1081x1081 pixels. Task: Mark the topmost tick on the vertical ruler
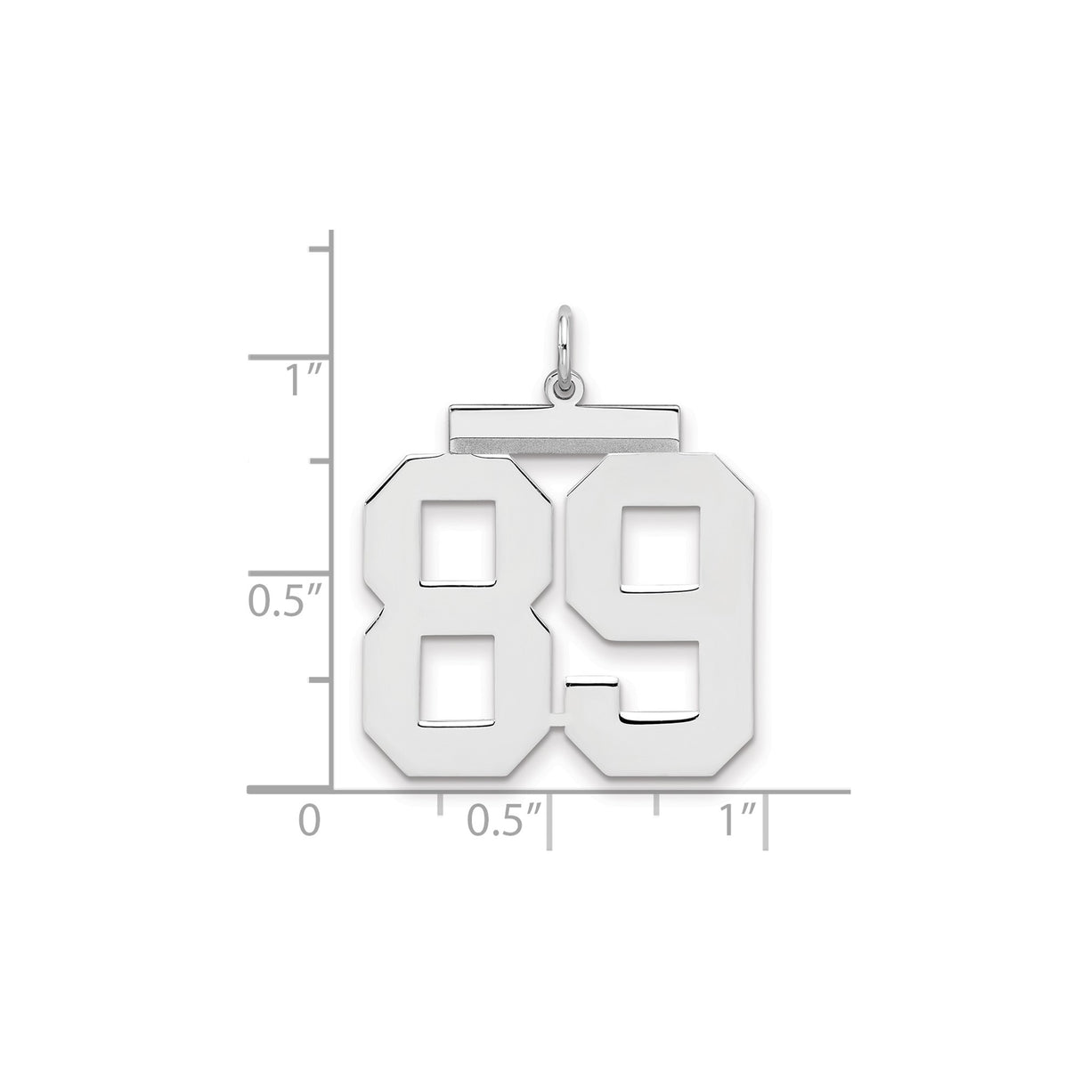tap(321, 248)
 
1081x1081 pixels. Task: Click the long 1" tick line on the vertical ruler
tap(289, 357)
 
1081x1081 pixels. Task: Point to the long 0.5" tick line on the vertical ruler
tap(289, 572)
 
